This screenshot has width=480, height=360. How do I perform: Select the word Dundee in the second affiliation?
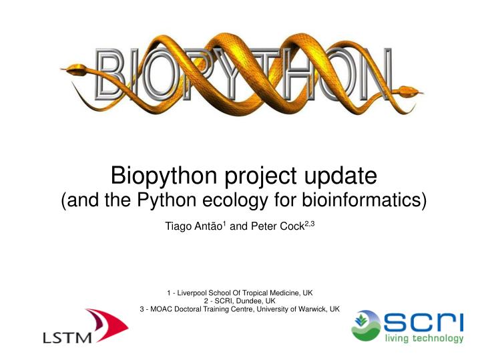pyautogui.click(x=246, y=301)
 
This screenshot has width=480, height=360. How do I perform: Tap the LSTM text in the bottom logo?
pyautogui.click(x=67, y=338)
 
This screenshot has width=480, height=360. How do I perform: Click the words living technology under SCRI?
pyautogui.click(x=424, y=339)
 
